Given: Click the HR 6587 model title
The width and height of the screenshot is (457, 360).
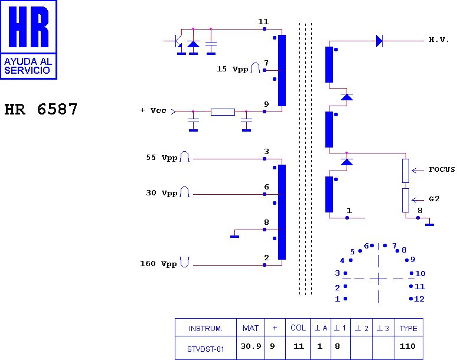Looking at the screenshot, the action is click(x=41, y=110).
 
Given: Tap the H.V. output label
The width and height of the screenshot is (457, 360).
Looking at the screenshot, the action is click(x=439, y=40).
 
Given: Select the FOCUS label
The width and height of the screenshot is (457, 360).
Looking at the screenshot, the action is click(x=442, y=169).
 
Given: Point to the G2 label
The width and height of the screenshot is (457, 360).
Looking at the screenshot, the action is click(x=434, y=199).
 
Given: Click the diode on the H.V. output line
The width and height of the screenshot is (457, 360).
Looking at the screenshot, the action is click(x=379, y=41).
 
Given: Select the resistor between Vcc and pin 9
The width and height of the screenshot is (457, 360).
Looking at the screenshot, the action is click(x=223, y=112).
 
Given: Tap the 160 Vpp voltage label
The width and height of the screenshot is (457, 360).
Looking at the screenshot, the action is click(x=158, y=264).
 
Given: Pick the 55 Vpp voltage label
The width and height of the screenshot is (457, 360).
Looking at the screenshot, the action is click(x=161, y=158).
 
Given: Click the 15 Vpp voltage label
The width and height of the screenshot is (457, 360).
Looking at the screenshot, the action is click(x=232, y=69).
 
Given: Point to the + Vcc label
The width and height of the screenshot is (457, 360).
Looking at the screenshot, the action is click(x=153, y=110).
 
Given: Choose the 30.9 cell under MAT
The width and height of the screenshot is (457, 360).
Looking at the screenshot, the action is click(x=251, y=346).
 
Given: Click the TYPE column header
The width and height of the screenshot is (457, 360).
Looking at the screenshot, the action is click(x=409, y=328).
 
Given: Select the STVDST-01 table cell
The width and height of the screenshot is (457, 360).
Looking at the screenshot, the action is click(x=205, y=349).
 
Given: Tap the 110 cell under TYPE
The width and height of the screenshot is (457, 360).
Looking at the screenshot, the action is click(x=407, y=346).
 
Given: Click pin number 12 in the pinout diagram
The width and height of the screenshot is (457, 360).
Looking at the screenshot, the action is click(x=419, y=299).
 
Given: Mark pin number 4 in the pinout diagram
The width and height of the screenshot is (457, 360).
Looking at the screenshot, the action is click(x=342, y=261).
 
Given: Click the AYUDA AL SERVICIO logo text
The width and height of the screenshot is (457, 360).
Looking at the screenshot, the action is click(x=28, y=66).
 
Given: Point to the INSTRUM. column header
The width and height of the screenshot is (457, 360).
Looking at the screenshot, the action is click(x=205, y=329).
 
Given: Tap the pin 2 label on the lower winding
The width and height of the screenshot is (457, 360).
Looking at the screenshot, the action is click(x=266, y=258).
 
